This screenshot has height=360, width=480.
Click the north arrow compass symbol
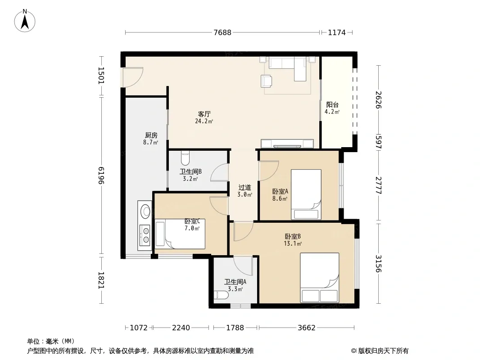25,21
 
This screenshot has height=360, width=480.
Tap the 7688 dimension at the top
222,32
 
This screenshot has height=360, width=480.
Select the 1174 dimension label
337,32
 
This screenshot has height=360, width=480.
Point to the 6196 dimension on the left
101,175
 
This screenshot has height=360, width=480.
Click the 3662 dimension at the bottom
307,328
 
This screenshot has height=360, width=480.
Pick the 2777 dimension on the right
379,185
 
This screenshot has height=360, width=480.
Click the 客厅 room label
204,114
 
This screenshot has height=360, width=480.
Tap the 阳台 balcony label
332,104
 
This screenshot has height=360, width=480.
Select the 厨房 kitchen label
151,135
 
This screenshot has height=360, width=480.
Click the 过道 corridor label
245,187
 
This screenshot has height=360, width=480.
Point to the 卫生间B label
190,171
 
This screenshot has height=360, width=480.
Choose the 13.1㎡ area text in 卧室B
293,243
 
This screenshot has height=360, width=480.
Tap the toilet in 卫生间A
222,295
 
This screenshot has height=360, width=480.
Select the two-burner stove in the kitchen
145,235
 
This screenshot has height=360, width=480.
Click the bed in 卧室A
306,194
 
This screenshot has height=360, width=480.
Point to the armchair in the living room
267,81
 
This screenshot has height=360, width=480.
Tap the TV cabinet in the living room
287,144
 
